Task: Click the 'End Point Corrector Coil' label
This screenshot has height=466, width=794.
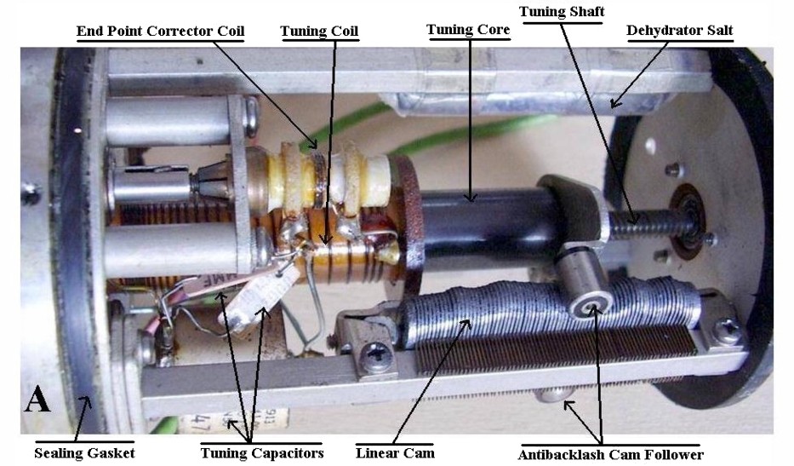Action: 161,32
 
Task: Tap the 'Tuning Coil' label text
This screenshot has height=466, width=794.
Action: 319,32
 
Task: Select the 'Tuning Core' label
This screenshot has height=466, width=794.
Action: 468,31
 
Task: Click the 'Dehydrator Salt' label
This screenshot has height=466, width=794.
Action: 679,31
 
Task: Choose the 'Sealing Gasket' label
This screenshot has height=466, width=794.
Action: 84,452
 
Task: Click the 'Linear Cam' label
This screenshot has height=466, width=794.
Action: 395,452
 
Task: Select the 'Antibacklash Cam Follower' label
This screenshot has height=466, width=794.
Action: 610,454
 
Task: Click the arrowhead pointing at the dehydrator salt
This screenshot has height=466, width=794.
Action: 613,106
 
